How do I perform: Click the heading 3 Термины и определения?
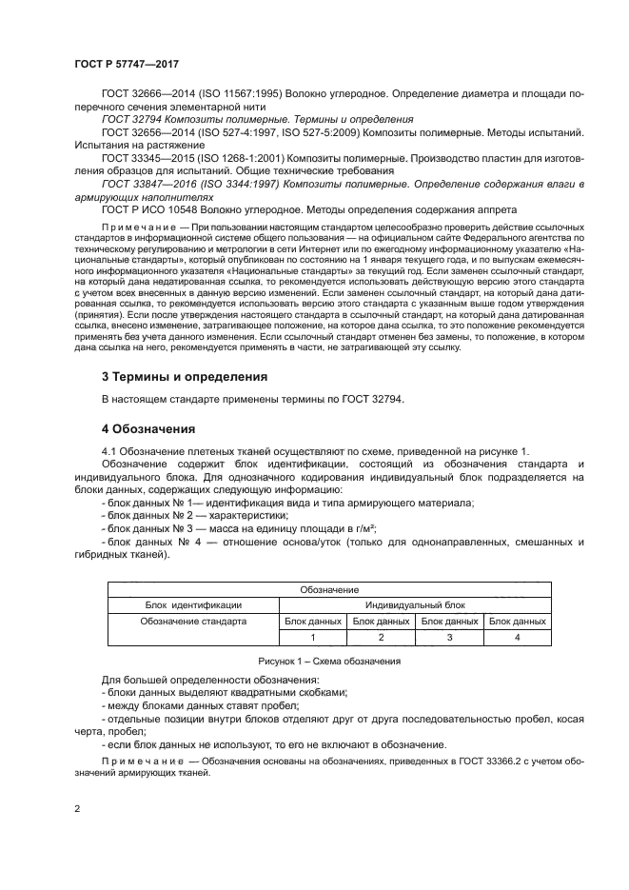click(x=184, y=376)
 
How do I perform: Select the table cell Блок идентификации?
click(x=193, y=604)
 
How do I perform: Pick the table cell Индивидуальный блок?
click(x=415, y=604)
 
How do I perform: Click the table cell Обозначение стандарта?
click(x=193, y=621)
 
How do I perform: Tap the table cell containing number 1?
click(x=312, y=637)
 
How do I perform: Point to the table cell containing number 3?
click(x=449, y=637)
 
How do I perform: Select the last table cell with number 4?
click(x=517, y=637)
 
